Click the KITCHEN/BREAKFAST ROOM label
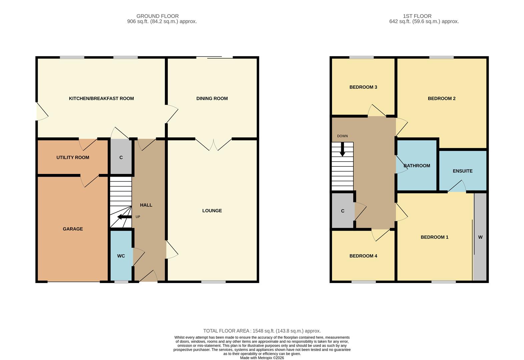click(101, 98)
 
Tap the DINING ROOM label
click(212, 98)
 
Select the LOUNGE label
click(212, 211)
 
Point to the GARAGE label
click(73, 229)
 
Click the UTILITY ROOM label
click(73, 157)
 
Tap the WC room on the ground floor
click(121, 256)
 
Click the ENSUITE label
click(462, 171)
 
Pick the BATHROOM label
click(417, 166)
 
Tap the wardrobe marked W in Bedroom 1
click(480, 237)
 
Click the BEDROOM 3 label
click(363, 87)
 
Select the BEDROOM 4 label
click(363, 256)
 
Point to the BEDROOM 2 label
click(441, 98)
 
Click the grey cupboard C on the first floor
click(343, 211)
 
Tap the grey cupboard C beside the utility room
click(121, 157)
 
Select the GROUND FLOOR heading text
click(157, 16)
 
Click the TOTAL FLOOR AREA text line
click(262, 331)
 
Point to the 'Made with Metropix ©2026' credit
click(262, 358)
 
